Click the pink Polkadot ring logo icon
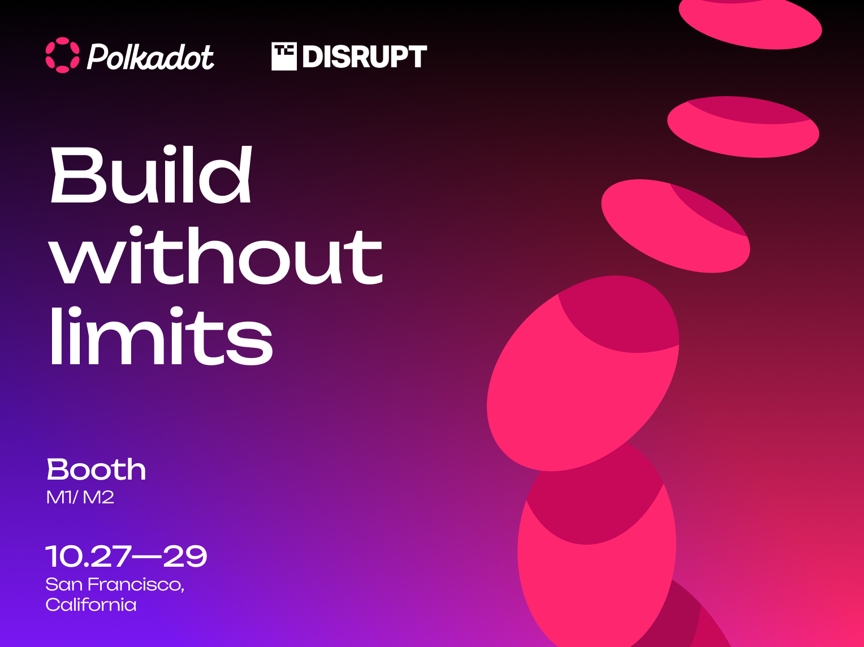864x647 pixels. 63,55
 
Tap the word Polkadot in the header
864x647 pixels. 150,57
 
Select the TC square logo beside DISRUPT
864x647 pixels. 284,57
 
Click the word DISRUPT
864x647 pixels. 365,57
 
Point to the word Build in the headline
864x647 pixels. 151,174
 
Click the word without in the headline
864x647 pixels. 215,255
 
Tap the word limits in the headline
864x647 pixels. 161,336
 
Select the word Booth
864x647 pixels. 97,469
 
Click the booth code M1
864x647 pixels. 59,498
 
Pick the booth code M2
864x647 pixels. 98,498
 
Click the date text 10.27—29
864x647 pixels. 126,556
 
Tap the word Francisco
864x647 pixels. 136,584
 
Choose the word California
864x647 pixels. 91,605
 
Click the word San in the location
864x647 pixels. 64,584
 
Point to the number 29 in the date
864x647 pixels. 185,556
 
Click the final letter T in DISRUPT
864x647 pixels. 415,57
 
